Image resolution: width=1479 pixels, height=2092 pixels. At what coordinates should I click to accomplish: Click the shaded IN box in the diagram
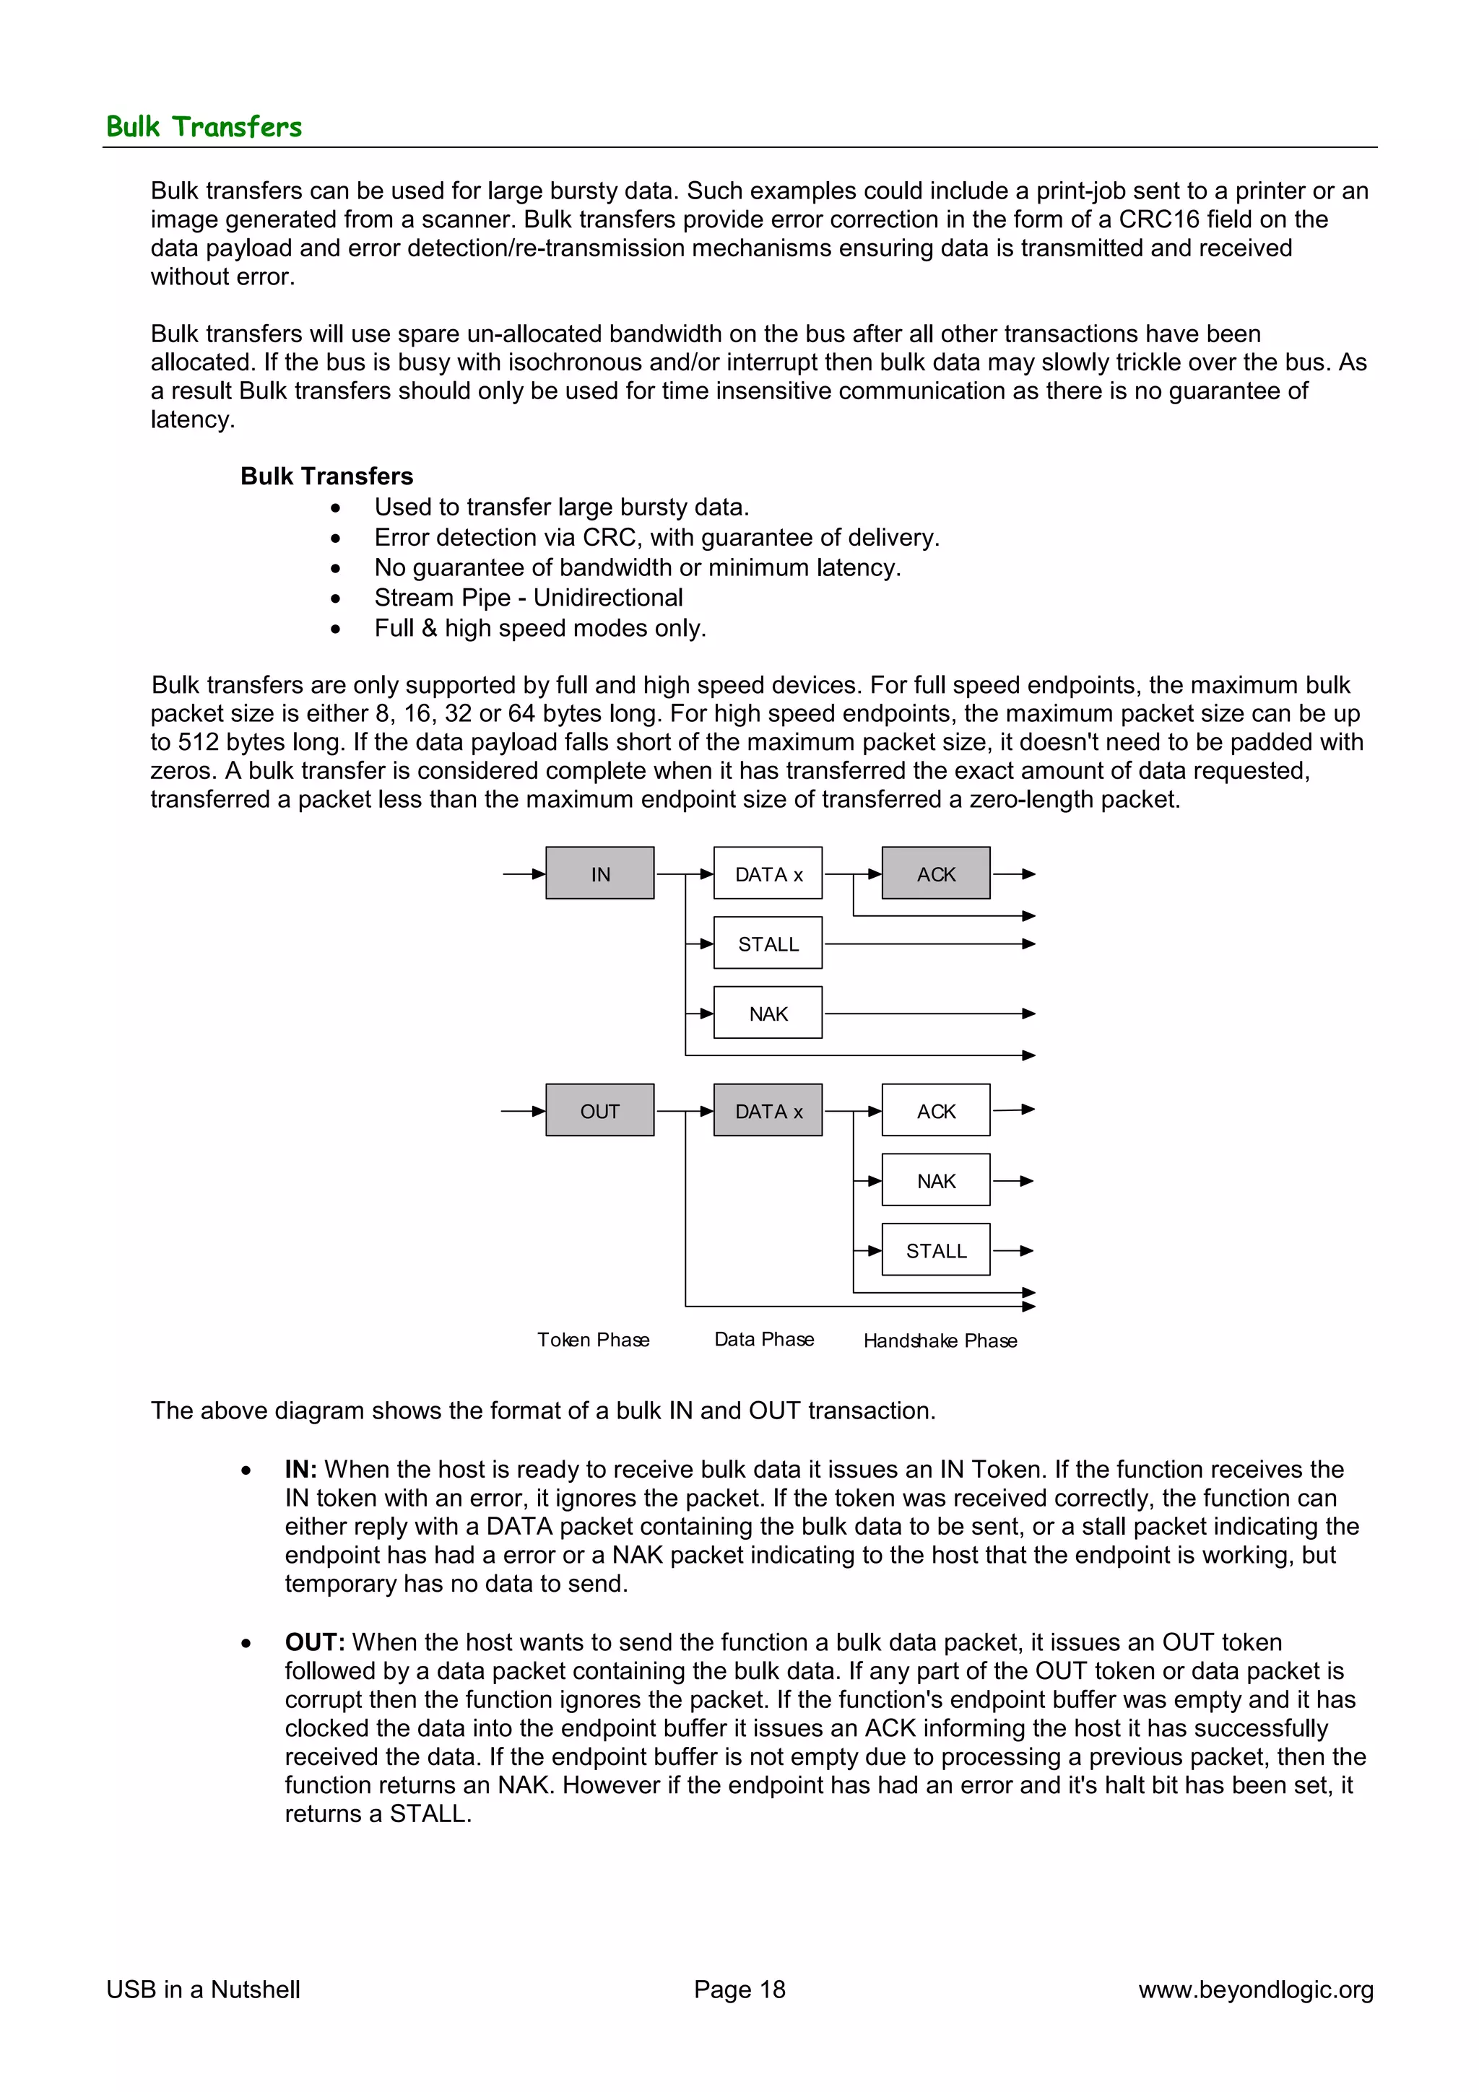coord(599,873)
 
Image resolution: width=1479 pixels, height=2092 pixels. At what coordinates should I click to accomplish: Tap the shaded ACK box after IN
coord(936,873)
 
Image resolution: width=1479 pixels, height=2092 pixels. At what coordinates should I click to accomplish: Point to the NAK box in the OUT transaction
coord(936,1180)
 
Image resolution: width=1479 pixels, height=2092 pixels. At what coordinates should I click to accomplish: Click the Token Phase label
coord(593,1339)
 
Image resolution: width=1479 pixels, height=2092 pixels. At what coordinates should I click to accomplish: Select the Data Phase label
coord(763,1338)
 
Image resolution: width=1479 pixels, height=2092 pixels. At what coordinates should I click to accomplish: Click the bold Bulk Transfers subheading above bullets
coord(326,476)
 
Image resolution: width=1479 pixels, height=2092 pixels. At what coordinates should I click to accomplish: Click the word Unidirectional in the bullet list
coord(608,598)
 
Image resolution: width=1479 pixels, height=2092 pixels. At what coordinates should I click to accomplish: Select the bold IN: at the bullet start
coord(300,1469)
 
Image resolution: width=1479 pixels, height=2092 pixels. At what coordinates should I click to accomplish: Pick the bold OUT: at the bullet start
coord(314,1642)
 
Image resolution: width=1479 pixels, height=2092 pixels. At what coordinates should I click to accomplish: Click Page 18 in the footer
coord(739,1989)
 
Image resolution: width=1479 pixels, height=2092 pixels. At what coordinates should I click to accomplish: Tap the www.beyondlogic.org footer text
coord(1255,1989)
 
